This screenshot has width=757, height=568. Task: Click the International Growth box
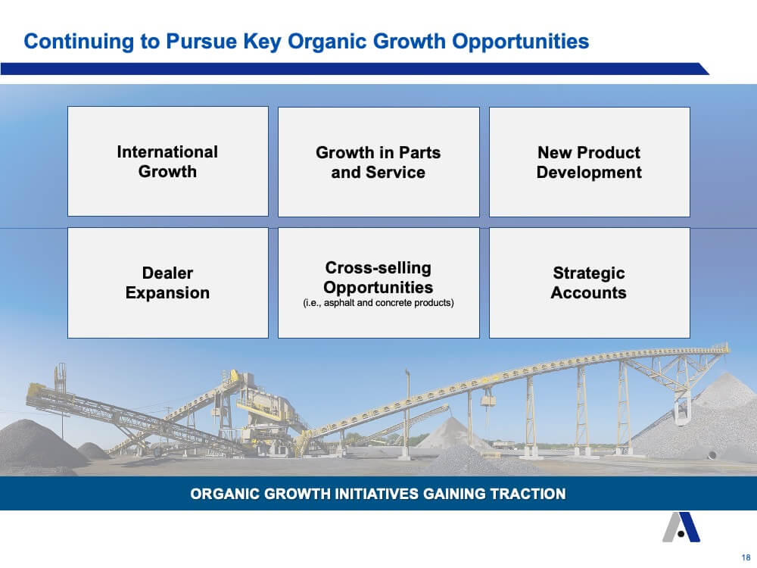(x=168, y=161)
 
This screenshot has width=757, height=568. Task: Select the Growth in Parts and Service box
(x=378, y=162)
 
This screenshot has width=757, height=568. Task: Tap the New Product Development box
(x=590, y=162)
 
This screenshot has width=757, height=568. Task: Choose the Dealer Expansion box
(x=168, y=282)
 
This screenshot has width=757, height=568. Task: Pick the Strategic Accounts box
(x=590, y=282)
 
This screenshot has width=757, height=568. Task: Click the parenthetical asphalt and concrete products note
(x=378, y=303)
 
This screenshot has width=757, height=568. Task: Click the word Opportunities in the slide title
(x=521, y=42)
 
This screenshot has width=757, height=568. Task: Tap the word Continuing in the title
(x=79, y=42)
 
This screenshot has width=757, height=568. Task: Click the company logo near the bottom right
(x=681, y=527)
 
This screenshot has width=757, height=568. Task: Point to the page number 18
(x=746, y=557)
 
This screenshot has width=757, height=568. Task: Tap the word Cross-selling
(x=378, y=267)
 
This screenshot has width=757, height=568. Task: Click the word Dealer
(x=167, y=273)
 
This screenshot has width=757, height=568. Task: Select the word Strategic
(x=589, y=273)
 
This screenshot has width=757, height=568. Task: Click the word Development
(x=589, y=173)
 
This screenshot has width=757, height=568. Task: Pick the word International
(x=167, y=152)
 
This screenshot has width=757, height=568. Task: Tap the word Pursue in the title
(x=201, y=42)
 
